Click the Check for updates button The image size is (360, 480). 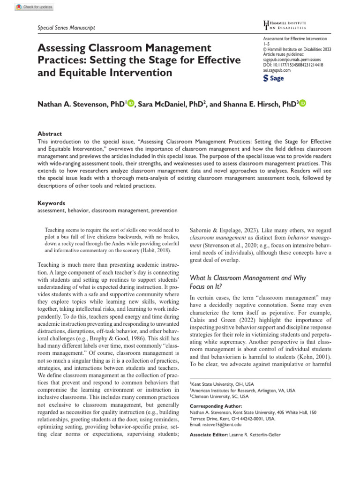click(34, 7)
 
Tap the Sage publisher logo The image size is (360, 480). click(274, 78)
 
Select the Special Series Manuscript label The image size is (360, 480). click(66, 28)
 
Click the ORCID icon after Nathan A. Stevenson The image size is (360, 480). click(130, 103)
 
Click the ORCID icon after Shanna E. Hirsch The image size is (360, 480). click(302, 103)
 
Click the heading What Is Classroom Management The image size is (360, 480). click(247, 278)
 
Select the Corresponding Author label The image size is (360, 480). click(216, 405)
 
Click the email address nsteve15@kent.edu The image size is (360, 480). click(216, 424)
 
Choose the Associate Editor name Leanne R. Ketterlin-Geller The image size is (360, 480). click(254, 435)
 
